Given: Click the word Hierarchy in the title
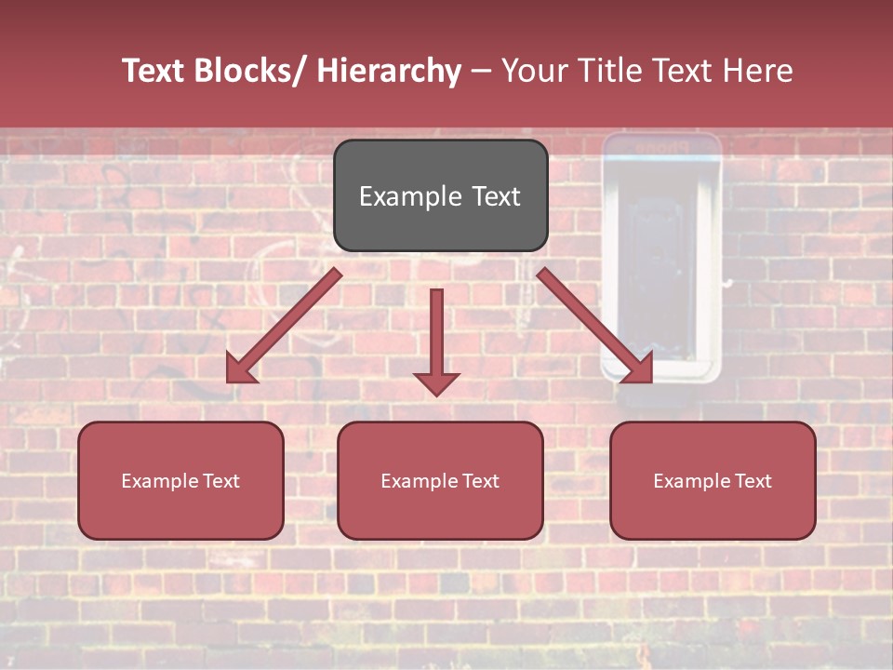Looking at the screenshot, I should [389, 71].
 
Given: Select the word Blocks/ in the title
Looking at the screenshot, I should [247, 71].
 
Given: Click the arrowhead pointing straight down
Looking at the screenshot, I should [436, 383].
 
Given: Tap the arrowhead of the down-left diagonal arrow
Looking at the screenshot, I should [238, 371].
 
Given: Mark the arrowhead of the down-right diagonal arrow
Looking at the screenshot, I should [641, 370].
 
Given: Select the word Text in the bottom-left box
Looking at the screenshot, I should [221, 481].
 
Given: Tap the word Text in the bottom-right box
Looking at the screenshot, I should [753, 481].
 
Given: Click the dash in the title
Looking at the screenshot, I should [481, 72].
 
